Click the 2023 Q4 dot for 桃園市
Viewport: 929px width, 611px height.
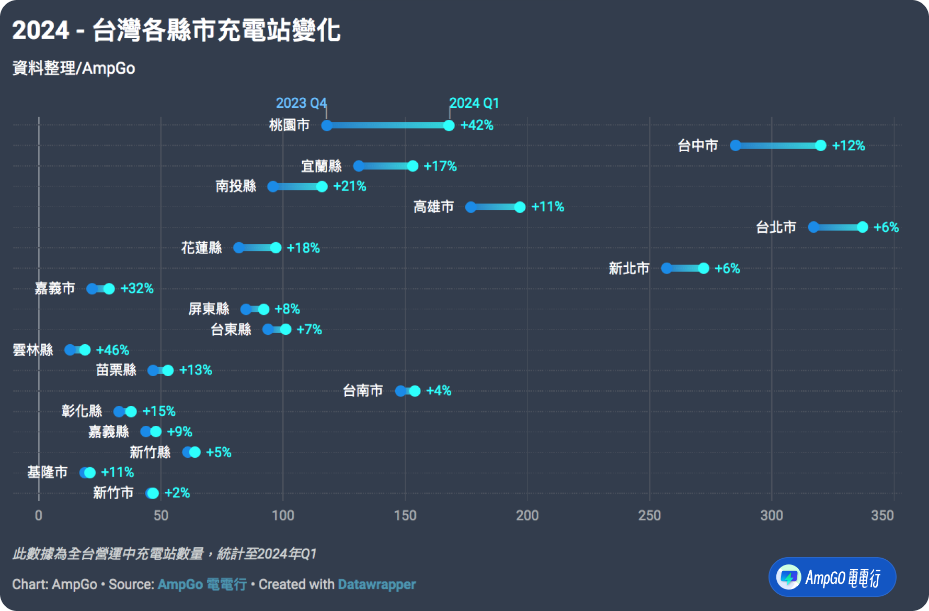coord(327,126)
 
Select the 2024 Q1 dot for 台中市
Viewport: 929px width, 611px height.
coord(820,145)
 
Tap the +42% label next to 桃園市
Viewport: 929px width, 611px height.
coord(477,126)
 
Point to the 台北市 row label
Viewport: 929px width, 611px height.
coord(776,227)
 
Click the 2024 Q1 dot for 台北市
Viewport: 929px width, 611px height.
coord(862,227)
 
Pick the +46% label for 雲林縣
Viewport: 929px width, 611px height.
coord(112,350)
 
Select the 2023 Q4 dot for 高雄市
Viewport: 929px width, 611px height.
coord(471,207)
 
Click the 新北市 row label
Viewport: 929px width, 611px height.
coord(629,268)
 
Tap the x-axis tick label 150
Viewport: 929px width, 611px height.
coord(405,516)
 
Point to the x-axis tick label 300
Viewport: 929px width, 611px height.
coord(772,516)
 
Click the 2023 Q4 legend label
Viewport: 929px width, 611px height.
coord(301,103)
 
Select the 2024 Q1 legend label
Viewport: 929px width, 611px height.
coord(474,103)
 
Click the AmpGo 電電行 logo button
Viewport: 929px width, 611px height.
coord(832,577)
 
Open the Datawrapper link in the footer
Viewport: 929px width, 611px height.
coord(377,584)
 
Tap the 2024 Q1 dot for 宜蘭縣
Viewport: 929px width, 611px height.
coord(412,166)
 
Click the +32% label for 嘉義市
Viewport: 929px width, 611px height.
coord(137,289)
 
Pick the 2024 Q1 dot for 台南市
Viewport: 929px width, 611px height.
coord(415,391)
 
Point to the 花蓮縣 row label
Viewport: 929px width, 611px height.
coord(201,248)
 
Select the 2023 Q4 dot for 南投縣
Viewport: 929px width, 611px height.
coord(273,187)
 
